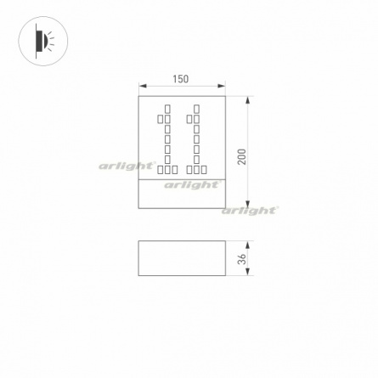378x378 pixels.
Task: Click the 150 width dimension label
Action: pyautogui.click(x=181, y=79)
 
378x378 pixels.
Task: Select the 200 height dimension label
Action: pyautogui.click(x=242, y=156)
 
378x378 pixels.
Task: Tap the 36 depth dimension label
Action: pyautogui.click(x=242, y=259)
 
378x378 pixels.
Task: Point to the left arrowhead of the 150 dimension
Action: pyautogui.click(x=143, y=86)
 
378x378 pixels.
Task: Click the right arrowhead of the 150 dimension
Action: pyautogui.click(x=222, y=86)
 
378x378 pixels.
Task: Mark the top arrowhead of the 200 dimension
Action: pyautogui.click(x=248, y=100)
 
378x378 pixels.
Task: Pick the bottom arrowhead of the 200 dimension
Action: pyautogui.click(x=248, y=205)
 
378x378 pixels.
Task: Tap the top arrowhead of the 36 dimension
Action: pyautogui.click(x=248, y=245)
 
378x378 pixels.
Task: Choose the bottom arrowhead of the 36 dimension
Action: pyautogui.click(x=248, y=272)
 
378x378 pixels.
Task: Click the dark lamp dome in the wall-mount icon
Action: pyautogui.click(x=44, y=41)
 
